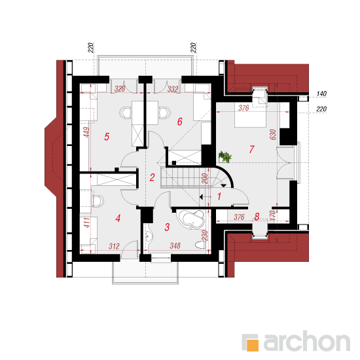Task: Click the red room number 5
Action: [x=107, y=137]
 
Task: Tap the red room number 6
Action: [x=180, y=122]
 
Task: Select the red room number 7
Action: [x=251, y=149]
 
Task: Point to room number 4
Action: [x=118, y=219]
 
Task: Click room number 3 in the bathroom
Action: [x=167, y=227]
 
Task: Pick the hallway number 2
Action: [x=152, y=177]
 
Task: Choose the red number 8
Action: [x=257, y=217]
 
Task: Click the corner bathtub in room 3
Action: [x=190, y=219]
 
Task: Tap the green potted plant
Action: [x=225, y=157]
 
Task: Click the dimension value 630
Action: [x=273, y=135]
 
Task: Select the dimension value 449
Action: [x=86, y=132]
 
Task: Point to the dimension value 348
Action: [x=175, y=246]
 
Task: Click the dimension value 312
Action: [x=114, y=246]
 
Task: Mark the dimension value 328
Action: [x=120, y=88]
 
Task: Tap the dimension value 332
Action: [x=173, y=89]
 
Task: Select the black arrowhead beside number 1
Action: [x=202, y=197]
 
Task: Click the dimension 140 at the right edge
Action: [x=321, y=94]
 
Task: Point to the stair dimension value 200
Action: [x=205, y=179]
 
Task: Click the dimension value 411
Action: [x=86, y=223]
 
